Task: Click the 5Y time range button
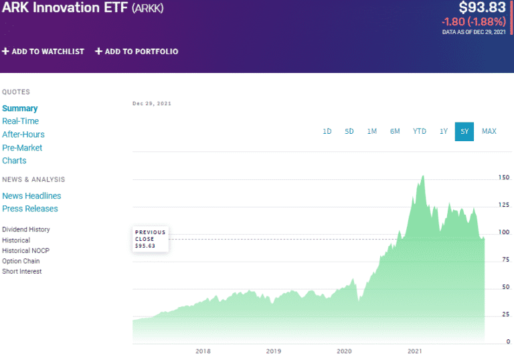point(463,131)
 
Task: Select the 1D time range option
point(327,131)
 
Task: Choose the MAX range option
point(489,131)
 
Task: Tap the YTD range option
point(420,131)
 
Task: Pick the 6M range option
point(395,131)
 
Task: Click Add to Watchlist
point(44,52)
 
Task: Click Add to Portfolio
point(137,52)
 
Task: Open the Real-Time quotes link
point(21,121)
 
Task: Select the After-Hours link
point(23,134)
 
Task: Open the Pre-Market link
point(22,147)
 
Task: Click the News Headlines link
point(31,195)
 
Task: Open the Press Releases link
point(30,209)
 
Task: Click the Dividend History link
point(26,230)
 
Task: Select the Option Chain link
point(21,261)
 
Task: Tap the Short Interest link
point(22,272)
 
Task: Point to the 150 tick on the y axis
point(503,177)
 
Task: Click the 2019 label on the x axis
point(273,351)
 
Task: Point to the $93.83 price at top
point(482,8)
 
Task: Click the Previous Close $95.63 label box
point(151,239)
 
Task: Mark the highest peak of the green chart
point(423,176)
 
